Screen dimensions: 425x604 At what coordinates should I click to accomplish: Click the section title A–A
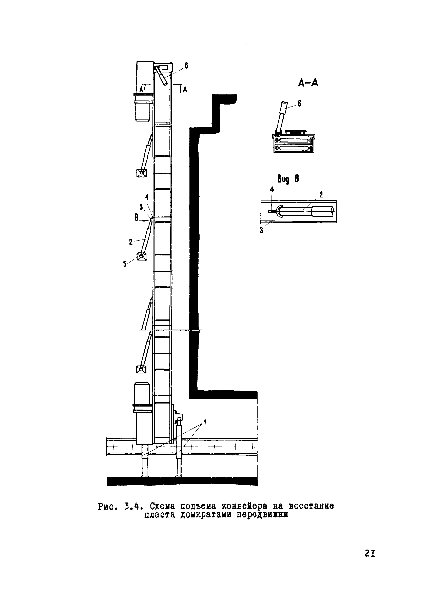(x=308, y=83)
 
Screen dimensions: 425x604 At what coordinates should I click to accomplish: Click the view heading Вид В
(x=288, y=179)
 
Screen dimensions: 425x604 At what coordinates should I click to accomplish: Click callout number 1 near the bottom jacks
(x=205, y=423)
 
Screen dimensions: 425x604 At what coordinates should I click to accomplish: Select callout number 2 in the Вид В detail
(x=321, y=195)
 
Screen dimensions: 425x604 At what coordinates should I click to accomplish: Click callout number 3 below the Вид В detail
(x=261, y=230)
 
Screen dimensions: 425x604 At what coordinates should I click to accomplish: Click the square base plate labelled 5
(x=141, y=256)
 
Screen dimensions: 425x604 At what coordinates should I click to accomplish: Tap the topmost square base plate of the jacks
(x=141, y=173)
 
